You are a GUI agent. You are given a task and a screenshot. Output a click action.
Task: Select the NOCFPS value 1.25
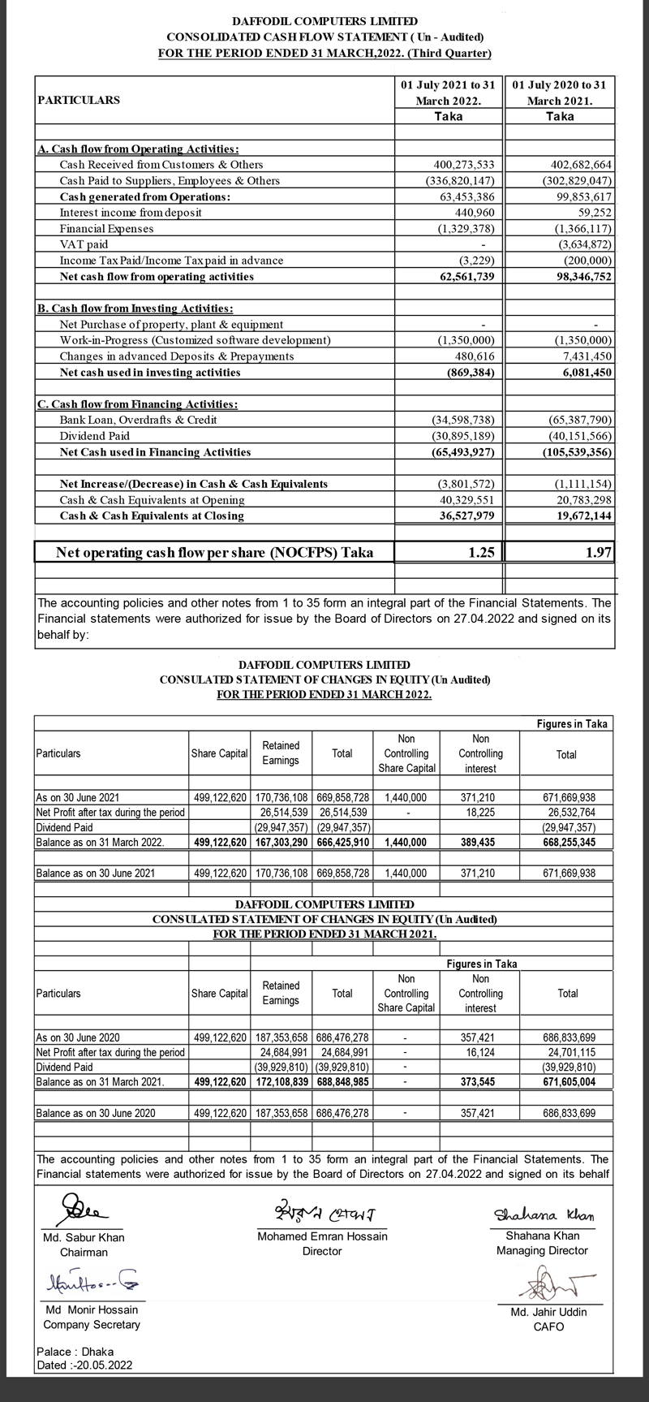coord(478,553)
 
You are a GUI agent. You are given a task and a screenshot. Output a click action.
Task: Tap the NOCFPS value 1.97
coord(598,553)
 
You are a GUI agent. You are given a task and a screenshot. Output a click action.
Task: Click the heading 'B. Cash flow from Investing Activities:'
coord(136,308)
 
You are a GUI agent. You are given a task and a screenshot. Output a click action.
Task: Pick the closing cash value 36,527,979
coord(460,516)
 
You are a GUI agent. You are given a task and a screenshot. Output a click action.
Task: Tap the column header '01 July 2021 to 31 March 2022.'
coord(448,93)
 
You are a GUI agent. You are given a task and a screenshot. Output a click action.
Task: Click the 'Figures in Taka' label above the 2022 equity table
coord(572,723)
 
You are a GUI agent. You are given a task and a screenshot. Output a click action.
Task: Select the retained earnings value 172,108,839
coord(281,1082)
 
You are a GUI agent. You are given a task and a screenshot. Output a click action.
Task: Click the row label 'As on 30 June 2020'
coord(78,1037)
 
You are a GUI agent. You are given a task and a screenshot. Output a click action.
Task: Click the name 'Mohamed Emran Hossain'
coord(322,1236)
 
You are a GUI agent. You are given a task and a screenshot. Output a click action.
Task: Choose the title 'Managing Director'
coord(542,1251)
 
